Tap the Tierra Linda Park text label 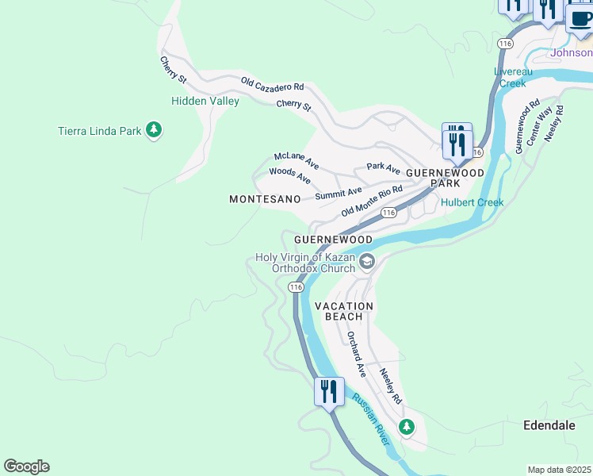(x=99, y=131)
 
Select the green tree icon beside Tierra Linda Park (x=155, y=129)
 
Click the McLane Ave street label (x=296, y=161)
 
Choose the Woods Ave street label (x=289, y=175)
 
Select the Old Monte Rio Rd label (x=372, y=202)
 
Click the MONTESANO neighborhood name (x=265, y=200)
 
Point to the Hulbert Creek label (x=472, y=202)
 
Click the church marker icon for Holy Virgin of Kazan (x=367, y=261)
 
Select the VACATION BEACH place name (x=343, y=311)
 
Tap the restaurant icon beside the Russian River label (x=328, y=391)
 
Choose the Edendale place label (x=549, y=425)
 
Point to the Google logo (x=26, y=466)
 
